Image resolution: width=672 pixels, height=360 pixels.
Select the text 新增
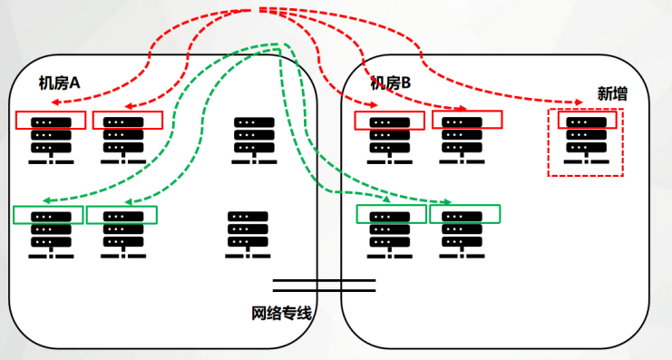click(x=612, y=92)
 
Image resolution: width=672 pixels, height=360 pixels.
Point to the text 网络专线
click(x=281, y=314)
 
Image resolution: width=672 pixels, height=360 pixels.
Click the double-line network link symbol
click(x=324, y=285)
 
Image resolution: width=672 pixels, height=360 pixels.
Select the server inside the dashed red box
click(x=586, y=141)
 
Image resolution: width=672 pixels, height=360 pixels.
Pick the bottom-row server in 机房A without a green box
click(x=248, y=235)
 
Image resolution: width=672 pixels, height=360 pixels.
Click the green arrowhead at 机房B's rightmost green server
click(x=450, y=201)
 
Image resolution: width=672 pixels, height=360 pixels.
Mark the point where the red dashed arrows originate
click(x=260, y=9)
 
